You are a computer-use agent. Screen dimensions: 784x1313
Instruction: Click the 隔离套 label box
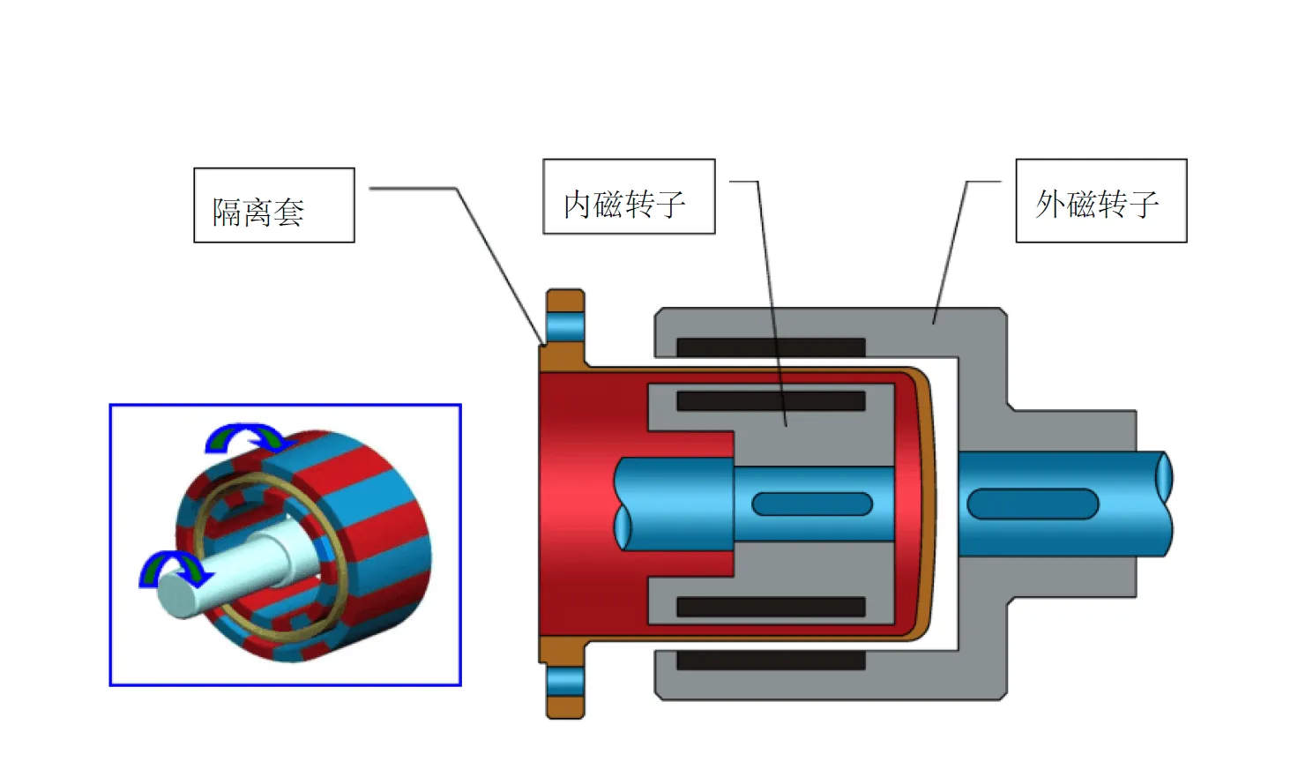[273, 205]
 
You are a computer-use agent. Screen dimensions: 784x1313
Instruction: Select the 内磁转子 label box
[629, 197]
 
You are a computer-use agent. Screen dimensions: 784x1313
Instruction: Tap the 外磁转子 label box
[1100, 200]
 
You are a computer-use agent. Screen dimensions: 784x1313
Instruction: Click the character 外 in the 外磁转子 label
[1049, 205]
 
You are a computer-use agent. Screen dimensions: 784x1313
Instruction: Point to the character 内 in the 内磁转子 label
[577, 205]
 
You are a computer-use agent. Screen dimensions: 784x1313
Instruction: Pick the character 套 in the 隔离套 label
[288, 213]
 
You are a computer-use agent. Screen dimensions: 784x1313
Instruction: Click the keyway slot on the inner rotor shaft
[811, 504]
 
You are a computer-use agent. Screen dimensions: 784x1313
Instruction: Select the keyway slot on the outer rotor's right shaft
[1032, 504]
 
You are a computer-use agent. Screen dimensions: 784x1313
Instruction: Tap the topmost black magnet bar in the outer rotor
[770, 347]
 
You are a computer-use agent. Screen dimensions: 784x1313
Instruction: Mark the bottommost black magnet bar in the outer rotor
[770, 660]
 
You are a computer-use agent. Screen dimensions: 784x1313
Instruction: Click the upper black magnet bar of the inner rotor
[770, 401]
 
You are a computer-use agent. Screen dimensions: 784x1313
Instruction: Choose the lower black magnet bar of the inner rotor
[770, 607]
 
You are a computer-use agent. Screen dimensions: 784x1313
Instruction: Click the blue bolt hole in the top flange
[565, 326]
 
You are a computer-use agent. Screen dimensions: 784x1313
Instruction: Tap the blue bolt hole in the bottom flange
[565, 681]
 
